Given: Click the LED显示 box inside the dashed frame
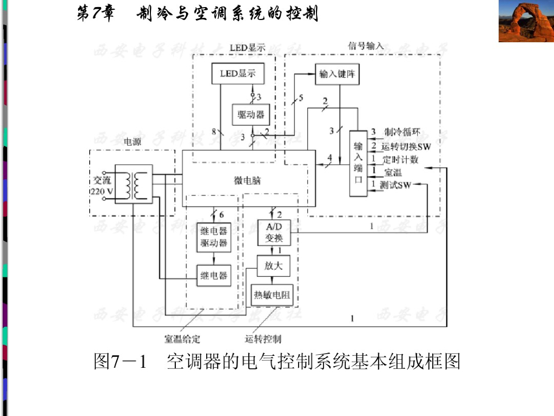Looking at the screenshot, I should point(238,74).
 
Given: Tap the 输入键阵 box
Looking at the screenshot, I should point(338,74).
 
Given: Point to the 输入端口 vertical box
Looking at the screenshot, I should point(358,163).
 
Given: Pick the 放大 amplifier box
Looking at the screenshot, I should point(273,266).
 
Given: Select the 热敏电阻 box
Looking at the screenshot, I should point(273,295).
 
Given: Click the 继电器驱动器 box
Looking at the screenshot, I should point(213,236).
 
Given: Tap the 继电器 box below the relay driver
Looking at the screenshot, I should point(213,276).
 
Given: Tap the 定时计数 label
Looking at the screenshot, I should point(400,160).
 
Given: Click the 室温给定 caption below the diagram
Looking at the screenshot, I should point(182,340).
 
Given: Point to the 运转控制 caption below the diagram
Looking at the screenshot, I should point(263,340).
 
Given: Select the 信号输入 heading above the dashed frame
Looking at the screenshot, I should point(366,46).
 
